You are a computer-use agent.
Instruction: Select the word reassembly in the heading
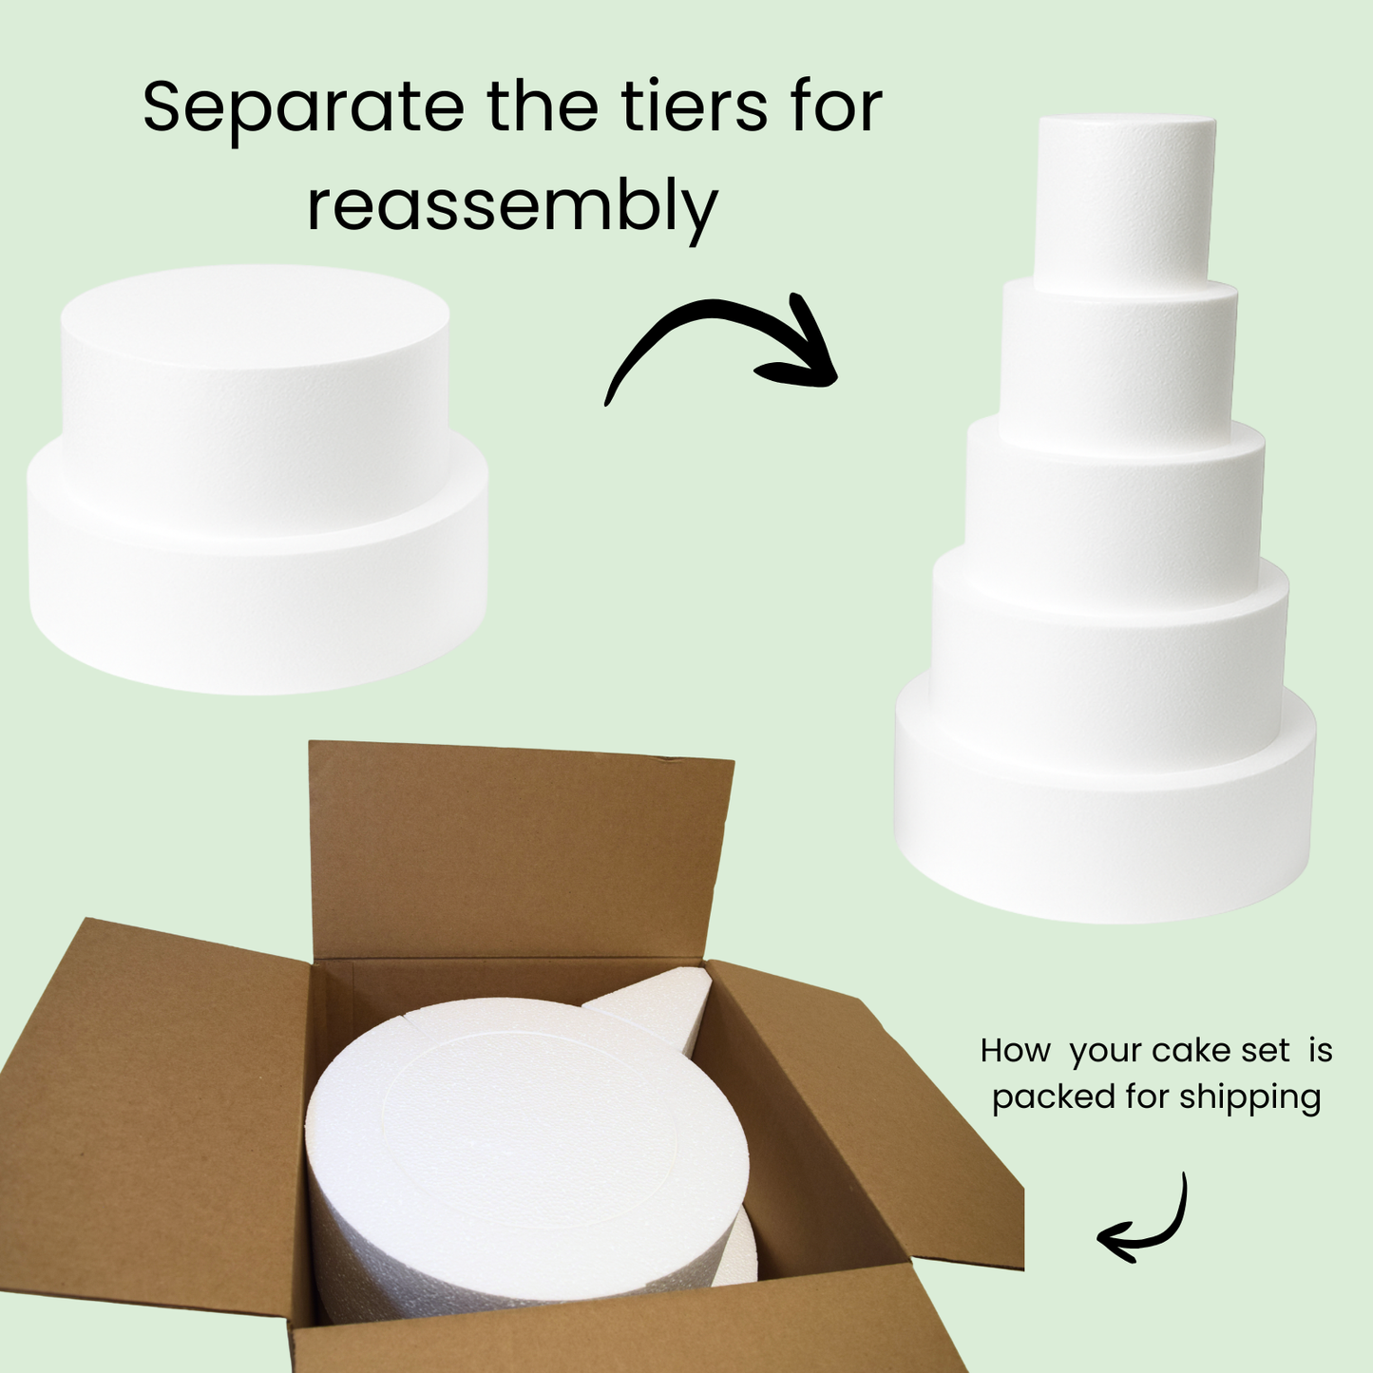[512, 206]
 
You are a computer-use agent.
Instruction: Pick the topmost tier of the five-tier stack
[1126, 200]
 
